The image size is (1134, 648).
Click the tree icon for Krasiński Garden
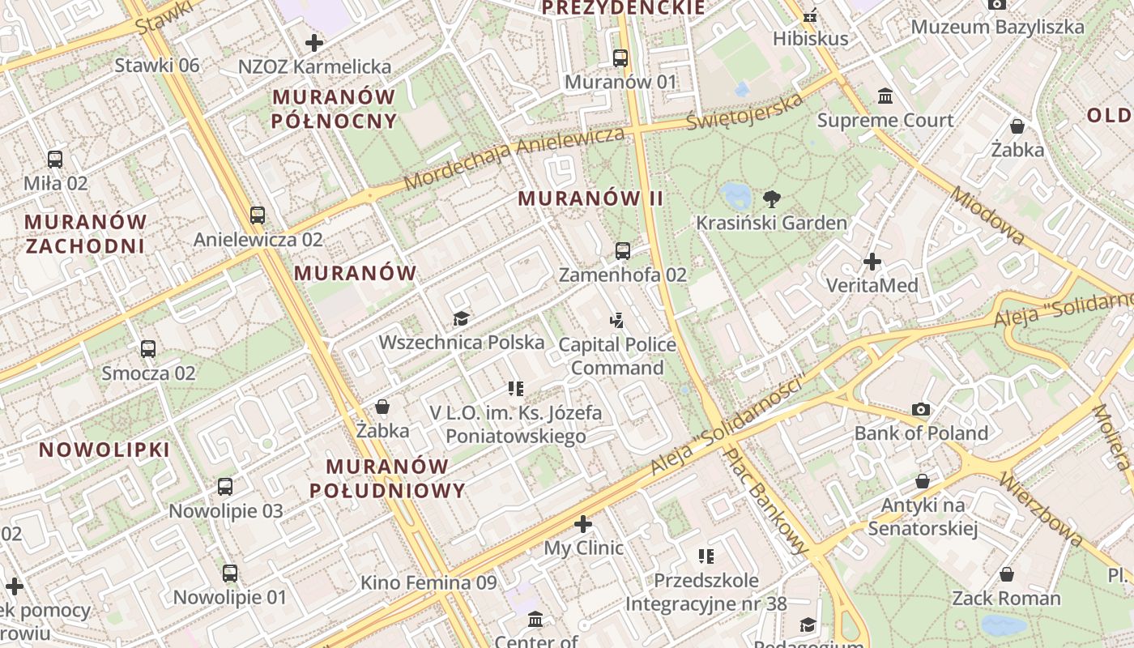(x=772, y=198)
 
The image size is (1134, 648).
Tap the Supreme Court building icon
(x=885, y=96)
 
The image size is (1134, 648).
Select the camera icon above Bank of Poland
(x=920, y=409)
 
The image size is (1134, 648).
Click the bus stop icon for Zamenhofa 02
(x=622, y=251)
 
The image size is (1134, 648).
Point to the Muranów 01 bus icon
(x=620, y=58)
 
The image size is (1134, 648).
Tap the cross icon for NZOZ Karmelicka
(x=314, y=43)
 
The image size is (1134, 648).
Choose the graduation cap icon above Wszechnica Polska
(x=461, y=318)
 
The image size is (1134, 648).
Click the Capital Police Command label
(x=617, y=356)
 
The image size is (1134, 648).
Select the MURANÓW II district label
(x=590, y=198)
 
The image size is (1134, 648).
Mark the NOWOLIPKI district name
(x=104, y=450)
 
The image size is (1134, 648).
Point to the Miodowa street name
(x=987, y=215)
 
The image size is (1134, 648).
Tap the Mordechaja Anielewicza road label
(x=514, y=158)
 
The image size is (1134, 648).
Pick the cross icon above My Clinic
(x=583, y=524)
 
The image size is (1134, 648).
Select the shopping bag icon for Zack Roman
(x=1006, y=574)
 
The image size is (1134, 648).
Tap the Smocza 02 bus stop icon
(x=148, y=349)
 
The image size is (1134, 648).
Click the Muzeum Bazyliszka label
(x=997, y=27)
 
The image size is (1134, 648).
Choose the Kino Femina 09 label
(x=428, y=582)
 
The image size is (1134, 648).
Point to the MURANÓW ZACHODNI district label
(x=85, y=233)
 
